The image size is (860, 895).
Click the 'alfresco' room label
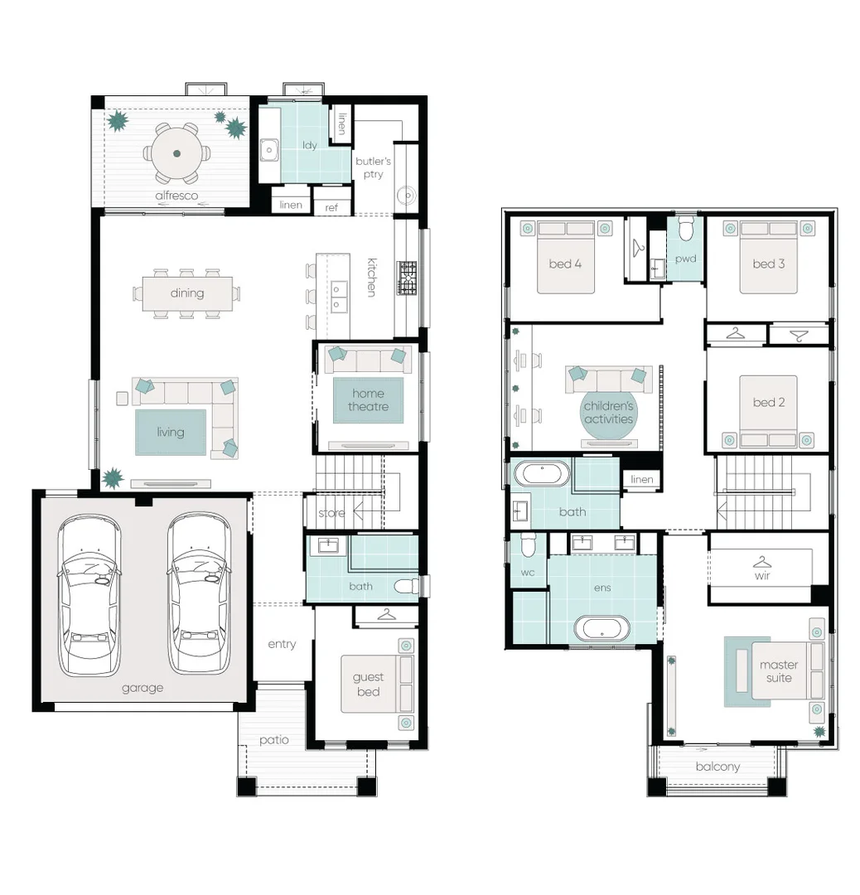pos(176,196)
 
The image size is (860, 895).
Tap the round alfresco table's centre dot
pos(177,153)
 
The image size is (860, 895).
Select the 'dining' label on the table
pos(187,293)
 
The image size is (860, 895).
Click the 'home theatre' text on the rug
pos(368,400)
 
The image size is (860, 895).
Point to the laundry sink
pos(268,151)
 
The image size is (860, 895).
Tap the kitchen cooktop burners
pos(407,278)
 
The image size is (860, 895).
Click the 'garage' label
pos(143,689)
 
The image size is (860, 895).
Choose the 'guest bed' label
pos(368,685)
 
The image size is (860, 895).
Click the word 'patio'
pos(274,740)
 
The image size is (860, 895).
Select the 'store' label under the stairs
pos(331,513)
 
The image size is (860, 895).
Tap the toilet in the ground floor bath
pos(408,586)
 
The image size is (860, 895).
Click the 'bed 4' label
pos(565,264)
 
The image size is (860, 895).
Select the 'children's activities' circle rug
pos(609,413)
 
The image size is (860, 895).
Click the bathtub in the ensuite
pos(602,628)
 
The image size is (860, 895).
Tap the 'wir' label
pos(762,575)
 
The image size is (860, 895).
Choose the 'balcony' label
pos(717,767)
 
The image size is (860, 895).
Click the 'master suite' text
pos(779,671)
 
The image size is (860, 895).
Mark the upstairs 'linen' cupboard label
pos(642,480)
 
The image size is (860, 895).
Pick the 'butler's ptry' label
pos(373,167)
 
